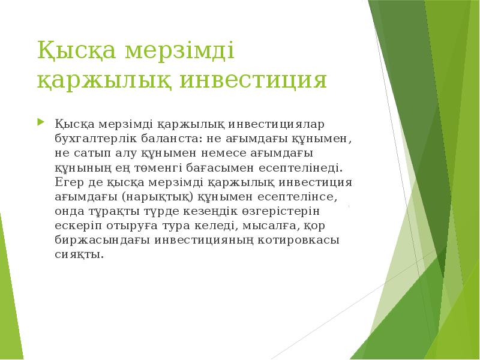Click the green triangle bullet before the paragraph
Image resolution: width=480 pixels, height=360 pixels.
point(40,123)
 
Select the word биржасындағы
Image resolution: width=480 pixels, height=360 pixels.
point(103,239)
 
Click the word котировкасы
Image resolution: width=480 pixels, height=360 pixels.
point(300,239)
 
